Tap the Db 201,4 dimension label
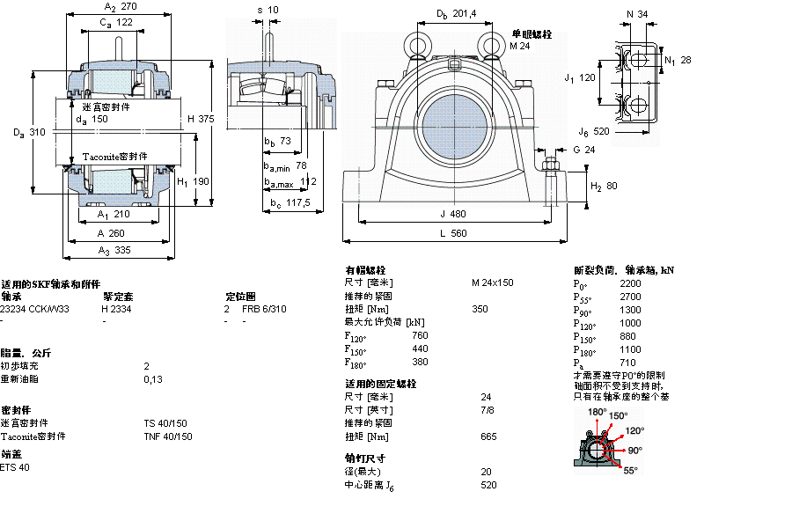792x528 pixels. click(456, 14)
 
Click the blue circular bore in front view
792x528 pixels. click(454, 121)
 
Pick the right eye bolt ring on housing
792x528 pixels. click(490, 43)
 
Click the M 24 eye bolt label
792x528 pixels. click(519, 46)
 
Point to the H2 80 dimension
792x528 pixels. click(604, 187)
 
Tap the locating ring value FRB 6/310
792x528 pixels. click(264, 309)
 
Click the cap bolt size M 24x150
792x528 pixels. click(492, 283)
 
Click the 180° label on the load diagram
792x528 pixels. click(598, 412)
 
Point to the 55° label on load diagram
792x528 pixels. click(630, 471)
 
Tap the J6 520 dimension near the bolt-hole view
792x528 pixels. click(594, 132)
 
